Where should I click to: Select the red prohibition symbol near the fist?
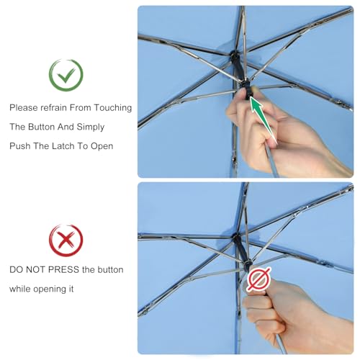point(259,279)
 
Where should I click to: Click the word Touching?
point(112,108)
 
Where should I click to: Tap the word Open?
point(102,146)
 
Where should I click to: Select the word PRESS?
point(63,269)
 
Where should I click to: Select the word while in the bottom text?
point(20,289)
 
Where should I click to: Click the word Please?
point(24,108)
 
